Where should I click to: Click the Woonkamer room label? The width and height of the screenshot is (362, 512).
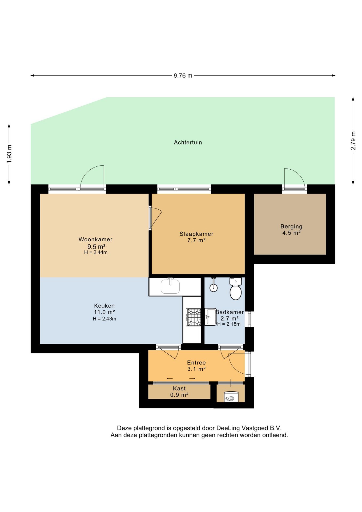click(95, 239)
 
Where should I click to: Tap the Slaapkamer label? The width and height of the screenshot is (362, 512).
click(196, 234)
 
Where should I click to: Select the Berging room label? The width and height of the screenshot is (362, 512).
click(291, 226)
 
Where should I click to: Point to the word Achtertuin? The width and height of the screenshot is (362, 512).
click(188, 142)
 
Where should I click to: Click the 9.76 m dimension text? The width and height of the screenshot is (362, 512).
click(183, 75)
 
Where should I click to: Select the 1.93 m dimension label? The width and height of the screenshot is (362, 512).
click(9, 154)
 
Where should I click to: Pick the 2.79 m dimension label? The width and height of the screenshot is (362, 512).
click(353, 141)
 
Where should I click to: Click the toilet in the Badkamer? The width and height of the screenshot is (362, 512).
click(236, 289)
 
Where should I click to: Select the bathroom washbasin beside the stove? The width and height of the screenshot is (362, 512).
click(211, 317)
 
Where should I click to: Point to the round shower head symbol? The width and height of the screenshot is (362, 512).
click(214, 287)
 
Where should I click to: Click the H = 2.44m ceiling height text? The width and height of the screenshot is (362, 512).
click(96, 252)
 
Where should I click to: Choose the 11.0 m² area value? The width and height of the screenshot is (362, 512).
click(104, 312)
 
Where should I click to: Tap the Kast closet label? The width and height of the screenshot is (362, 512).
click(179, 389)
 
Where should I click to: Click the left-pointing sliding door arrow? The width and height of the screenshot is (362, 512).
click(170, 378)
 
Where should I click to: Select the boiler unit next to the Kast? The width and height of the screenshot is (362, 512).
click(231, 397)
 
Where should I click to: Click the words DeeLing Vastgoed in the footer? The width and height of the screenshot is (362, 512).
click(242, 428)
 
